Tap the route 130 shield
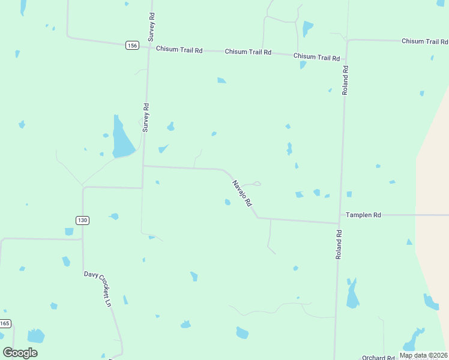click(82, 220)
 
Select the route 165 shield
click(5, 323)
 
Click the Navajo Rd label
click(241, 194)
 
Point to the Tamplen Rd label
click(363, 215)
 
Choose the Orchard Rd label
click(378, 358)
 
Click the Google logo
click(20, 353)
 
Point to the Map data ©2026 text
click(424, 355)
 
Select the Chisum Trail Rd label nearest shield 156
click(179, 49)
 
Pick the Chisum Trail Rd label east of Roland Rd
click(424, 41)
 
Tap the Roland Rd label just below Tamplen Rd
click(339, 244)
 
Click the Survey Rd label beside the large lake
click(146, 118)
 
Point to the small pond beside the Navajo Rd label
click(228, 202)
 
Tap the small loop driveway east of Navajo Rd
click(256, 183)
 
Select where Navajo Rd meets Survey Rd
click(143, 166)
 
